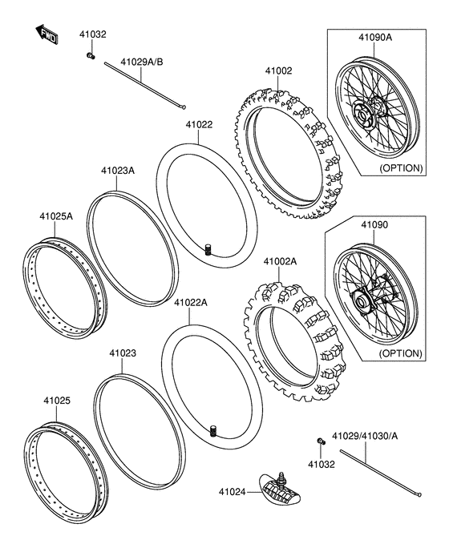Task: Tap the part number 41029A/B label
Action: pos(141,62)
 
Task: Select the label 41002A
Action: pos(280,261)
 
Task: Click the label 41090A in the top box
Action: pos(370,37)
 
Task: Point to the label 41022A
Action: pos(191,303)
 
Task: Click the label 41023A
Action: pos(118,171)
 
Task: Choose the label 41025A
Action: pos(57,216)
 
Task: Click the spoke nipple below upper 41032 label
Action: pos(91,55)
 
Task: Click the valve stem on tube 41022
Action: pos(207,251)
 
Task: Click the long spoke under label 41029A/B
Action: pos(144,88)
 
